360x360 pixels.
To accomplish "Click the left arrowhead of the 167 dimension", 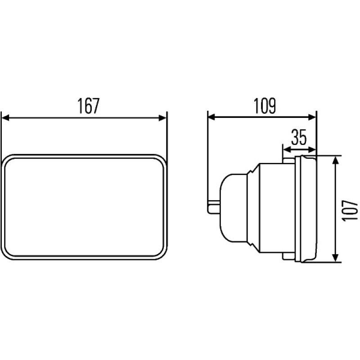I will tap(5, 118).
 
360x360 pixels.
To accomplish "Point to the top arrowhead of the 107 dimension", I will tap(336, 160).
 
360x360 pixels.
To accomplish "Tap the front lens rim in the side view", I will tap(308, 209).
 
